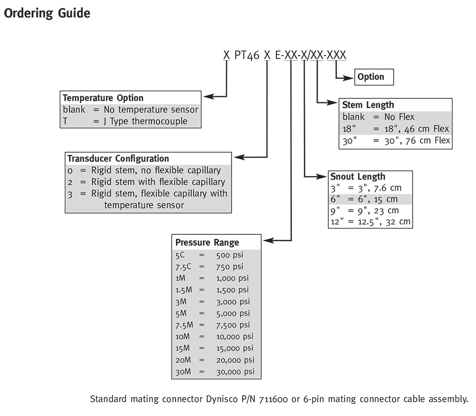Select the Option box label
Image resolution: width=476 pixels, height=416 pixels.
tap(371, 77)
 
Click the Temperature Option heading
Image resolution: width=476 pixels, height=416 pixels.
tap(103, 98)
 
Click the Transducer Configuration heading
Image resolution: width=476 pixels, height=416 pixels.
tap(118, 159)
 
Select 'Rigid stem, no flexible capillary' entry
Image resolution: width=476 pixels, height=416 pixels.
tap(156, 170)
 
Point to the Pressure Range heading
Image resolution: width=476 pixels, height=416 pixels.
tap(207, 243)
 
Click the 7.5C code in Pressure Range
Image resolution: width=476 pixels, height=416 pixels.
tap(183, 267)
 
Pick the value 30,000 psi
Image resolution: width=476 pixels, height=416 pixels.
tap(235, 371)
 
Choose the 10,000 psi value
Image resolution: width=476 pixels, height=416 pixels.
tap(234, 337)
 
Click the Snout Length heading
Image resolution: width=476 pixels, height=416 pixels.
tap(358, 177)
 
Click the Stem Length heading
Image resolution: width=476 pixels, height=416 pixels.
tap(368, 105)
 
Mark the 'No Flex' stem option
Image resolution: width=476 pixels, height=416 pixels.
tap(399, 117)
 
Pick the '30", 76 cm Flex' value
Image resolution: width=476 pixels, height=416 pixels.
tap(417, 141)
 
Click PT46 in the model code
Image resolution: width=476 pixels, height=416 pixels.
tap(247, 55)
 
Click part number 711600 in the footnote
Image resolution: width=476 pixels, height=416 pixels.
tap(273, 399)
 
